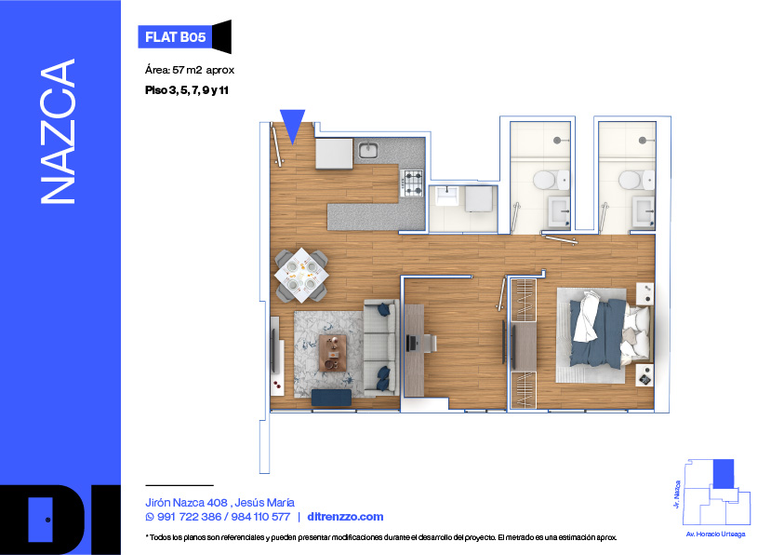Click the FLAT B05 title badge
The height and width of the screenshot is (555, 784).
tap(175, 37)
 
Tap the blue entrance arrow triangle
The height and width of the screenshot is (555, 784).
tap(293, 124)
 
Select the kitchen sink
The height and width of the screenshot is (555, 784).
tap(368, 149)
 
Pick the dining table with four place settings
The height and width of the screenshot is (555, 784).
tap(301, 275)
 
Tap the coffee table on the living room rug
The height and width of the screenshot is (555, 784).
tap(333, 353)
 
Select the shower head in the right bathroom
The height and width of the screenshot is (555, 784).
tap(642, 141)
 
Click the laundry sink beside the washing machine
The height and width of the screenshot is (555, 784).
tap(447, 196)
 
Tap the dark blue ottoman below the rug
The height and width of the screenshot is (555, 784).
tap(331, 398)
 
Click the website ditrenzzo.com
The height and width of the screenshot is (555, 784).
tap(346, 517)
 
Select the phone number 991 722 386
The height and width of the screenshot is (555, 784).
tap(189, 517)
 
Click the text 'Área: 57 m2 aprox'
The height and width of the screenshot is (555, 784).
tap(190, 70)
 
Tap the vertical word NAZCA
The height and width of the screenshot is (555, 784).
tap(58, 131)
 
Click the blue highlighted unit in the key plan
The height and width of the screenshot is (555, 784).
tap(723, 473)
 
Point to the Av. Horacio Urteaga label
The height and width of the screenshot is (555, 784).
tap(715, 535)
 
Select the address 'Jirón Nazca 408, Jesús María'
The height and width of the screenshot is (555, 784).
tap(219, 503)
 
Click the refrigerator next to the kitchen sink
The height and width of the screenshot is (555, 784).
tap(334, 154)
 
